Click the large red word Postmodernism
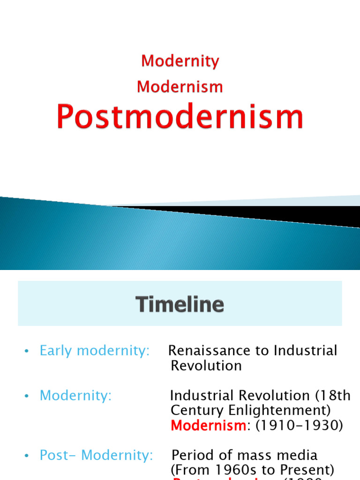[x=180, y=117]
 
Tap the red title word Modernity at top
[x=180, y=61]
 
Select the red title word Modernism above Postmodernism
[x=180, y=87]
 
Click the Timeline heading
[x=180, y=305]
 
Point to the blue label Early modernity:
[x=94, y=351]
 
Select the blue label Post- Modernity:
[x=96, y=455]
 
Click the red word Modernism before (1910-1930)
[x=208, y=426]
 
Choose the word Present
[x=307, y=470]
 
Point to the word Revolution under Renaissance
[x=206, y=366]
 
